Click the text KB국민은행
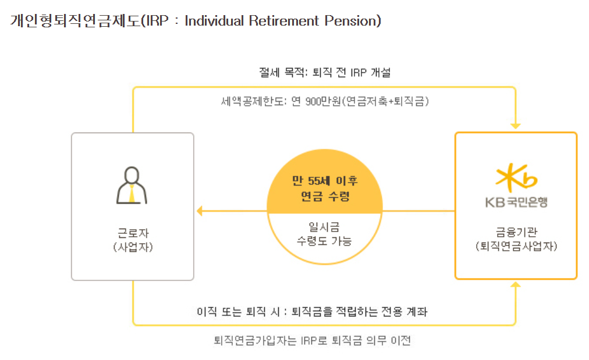[x=516, y=202]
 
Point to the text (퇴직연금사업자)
[x=516, y=246]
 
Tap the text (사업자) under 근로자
[x=133, y=247]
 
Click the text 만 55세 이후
[x=325, y=181]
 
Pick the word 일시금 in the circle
[x=325, y=226]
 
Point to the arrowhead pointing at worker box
[x=199, y=211]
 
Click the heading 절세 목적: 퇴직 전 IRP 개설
[x=325, y=73]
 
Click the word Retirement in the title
[x=285, y=21]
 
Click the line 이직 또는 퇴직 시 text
[x=312, y=312]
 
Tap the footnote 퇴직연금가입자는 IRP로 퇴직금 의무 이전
[x=312, y=340]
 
